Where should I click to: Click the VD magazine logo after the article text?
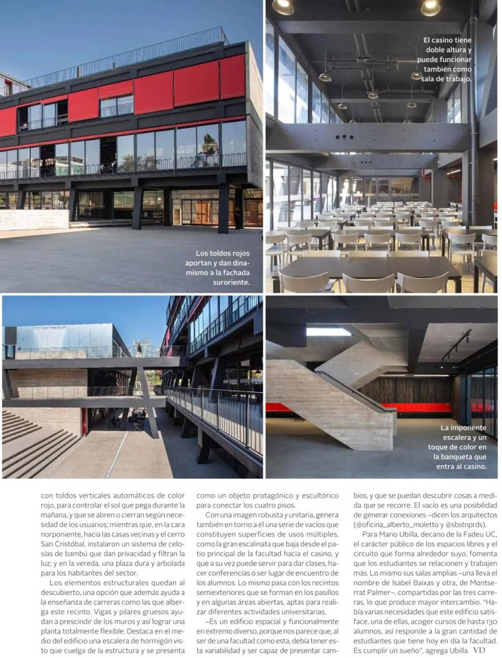pyautogui.click(x=479, y=650)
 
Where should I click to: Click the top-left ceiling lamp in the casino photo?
pyautogui.click(x=282, y=6)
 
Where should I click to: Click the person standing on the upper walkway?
pyautogui.click(x=138, y=349)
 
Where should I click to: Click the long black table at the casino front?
pyautogui.click(x=366, y=265)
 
